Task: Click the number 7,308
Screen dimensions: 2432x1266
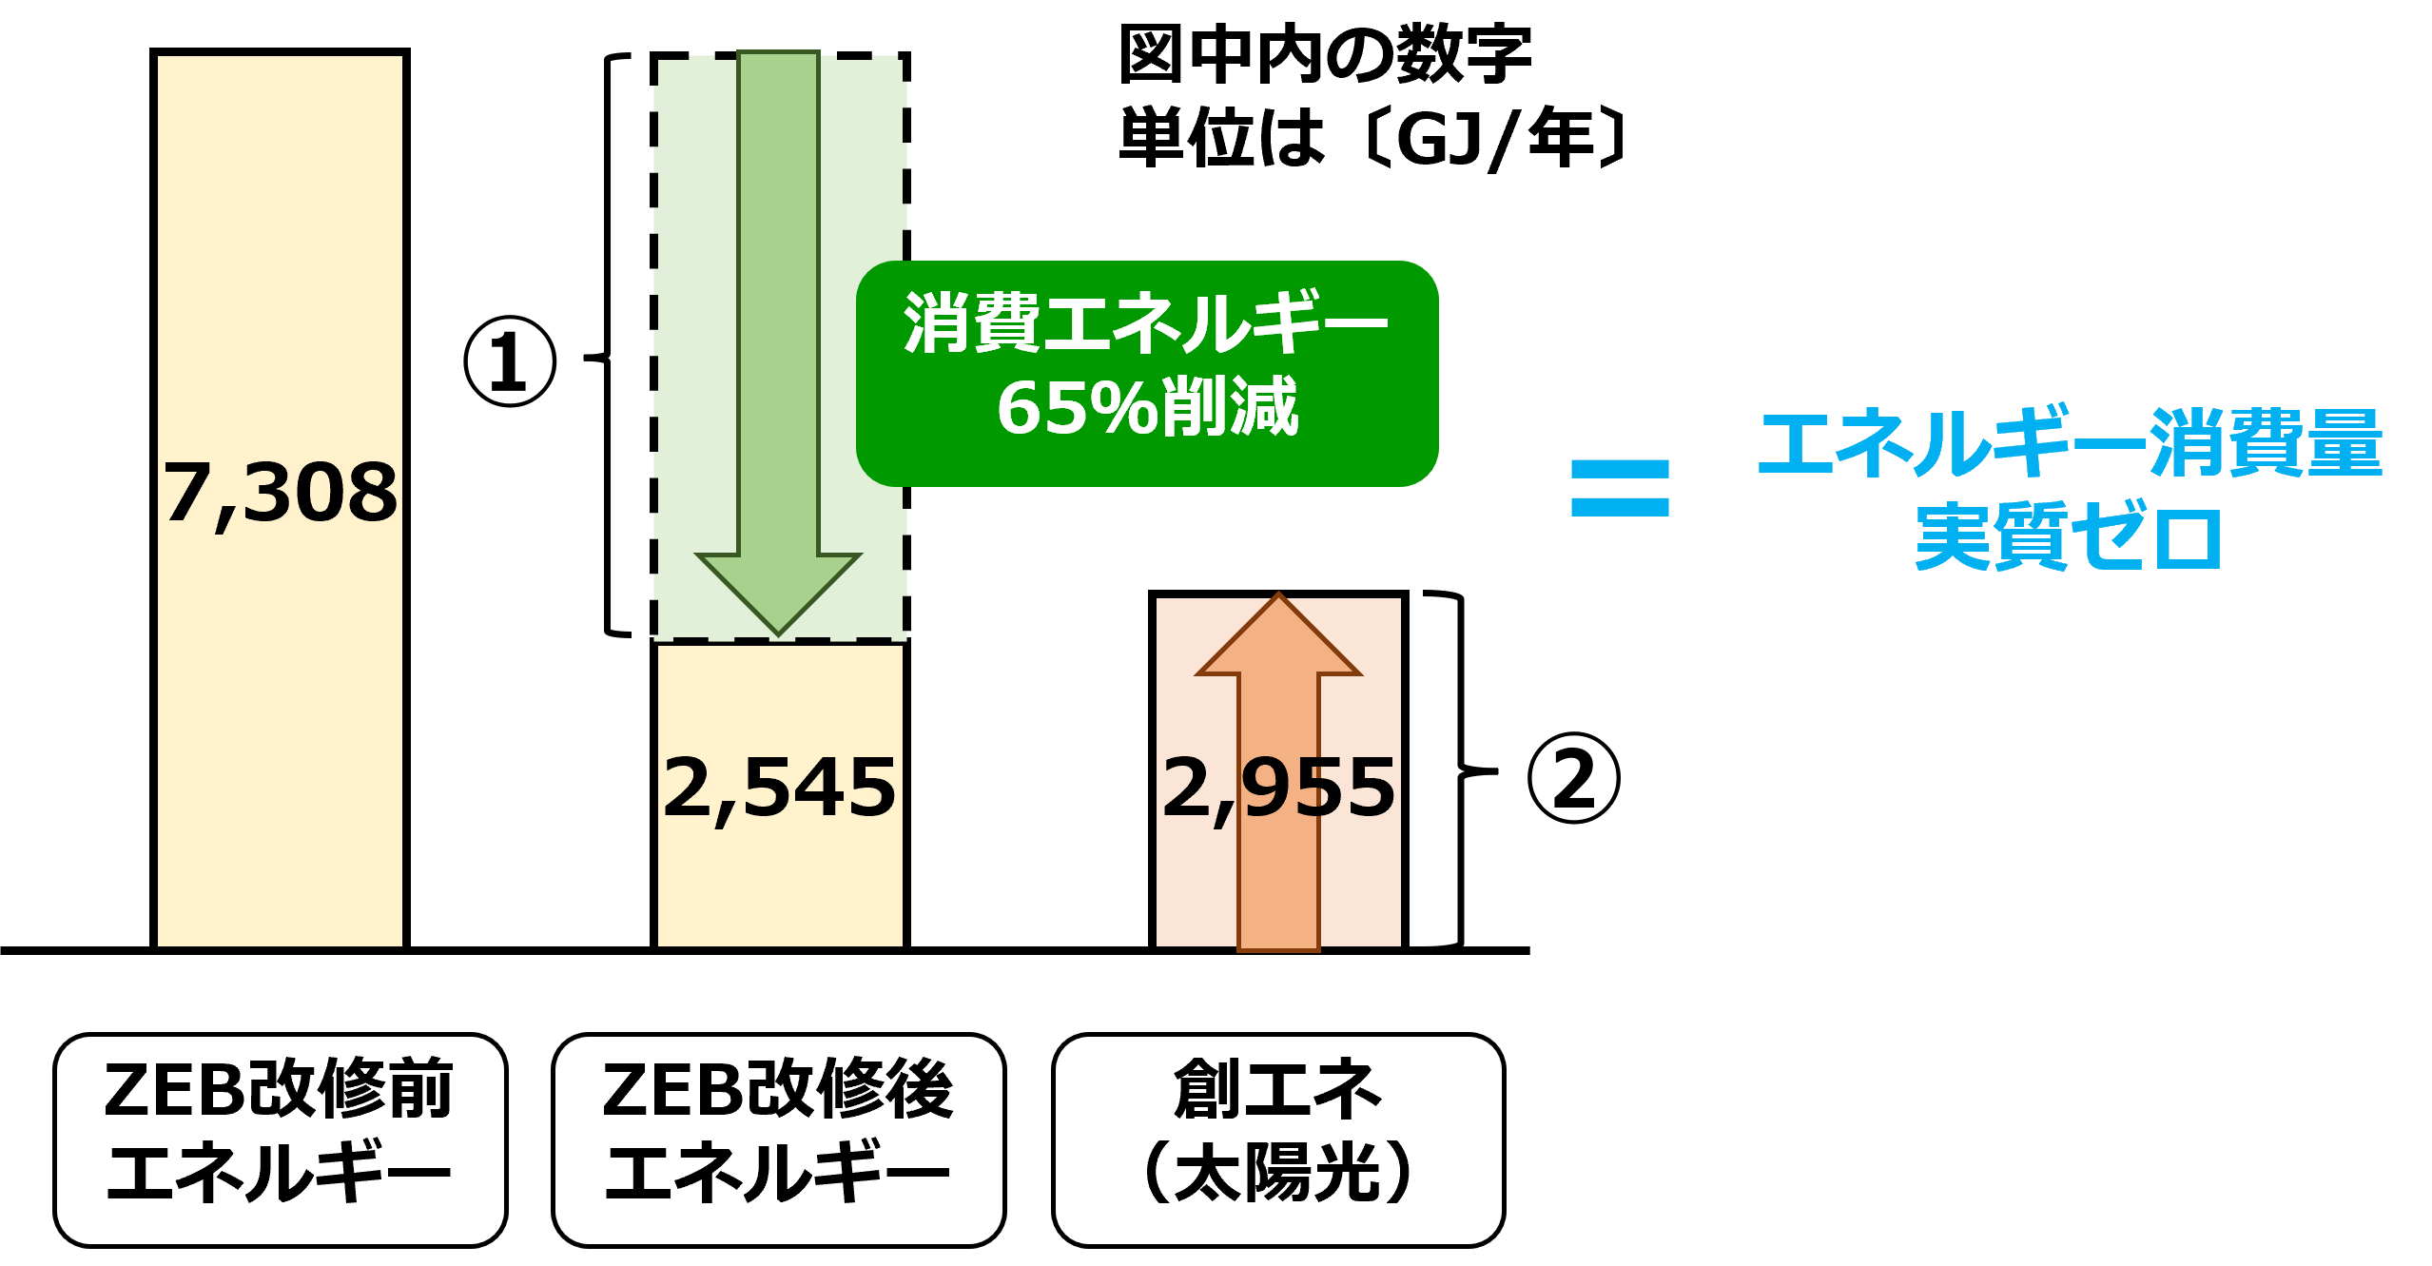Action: (280, 493)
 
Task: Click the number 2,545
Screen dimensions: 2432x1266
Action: (780, 788)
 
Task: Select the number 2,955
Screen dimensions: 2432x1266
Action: (1278, 788)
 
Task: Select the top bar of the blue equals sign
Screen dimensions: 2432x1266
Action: (1620, 470)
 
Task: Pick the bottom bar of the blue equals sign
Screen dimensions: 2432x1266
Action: (1620, 507)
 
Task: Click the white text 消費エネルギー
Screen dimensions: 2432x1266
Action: (1146, 323)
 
